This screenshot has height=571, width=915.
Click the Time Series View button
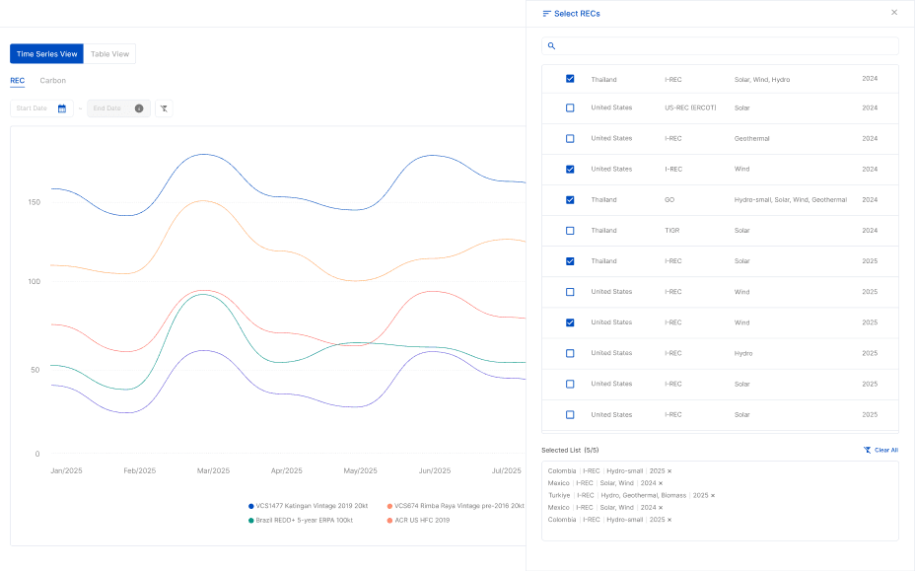(46, 54)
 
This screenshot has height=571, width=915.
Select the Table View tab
(109, 54)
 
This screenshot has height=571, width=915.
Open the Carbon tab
(53, 81)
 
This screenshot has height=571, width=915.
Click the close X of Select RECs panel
(894, 13)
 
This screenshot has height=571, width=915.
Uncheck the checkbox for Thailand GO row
(570, 200)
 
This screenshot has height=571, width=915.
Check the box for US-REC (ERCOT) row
(570, 107)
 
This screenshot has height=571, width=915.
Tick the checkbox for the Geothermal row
(570, 139)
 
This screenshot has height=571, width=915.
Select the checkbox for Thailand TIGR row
(570, 231)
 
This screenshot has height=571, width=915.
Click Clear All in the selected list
(880, 450)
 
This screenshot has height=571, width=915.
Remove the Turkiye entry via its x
(713, 495)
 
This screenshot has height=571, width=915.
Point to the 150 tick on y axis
(34, 202)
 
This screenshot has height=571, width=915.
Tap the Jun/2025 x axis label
(434, 470)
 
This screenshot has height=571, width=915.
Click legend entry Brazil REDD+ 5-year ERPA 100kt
(302, 520)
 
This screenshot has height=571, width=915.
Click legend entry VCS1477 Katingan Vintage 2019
(310, 506)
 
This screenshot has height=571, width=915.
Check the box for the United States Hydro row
(570, 353)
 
